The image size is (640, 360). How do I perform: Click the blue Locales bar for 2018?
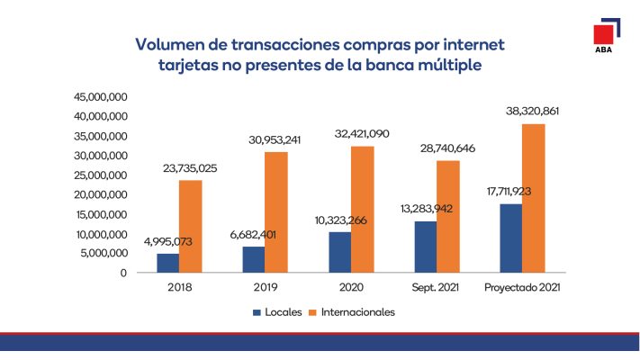(x=167, y=263)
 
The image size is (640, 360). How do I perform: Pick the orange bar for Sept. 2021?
(x=447, y=216)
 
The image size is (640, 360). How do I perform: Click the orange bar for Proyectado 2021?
(x=533, y=198)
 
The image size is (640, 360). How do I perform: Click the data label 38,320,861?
(x=539, y=111)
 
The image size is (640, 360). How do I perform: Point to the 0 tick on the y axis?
(x=122, y=273)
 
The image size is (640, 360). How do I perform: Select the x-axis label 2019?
(x=265, y=288)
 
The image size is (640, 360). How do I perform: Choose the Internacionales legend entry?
(x=351, y=312)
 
